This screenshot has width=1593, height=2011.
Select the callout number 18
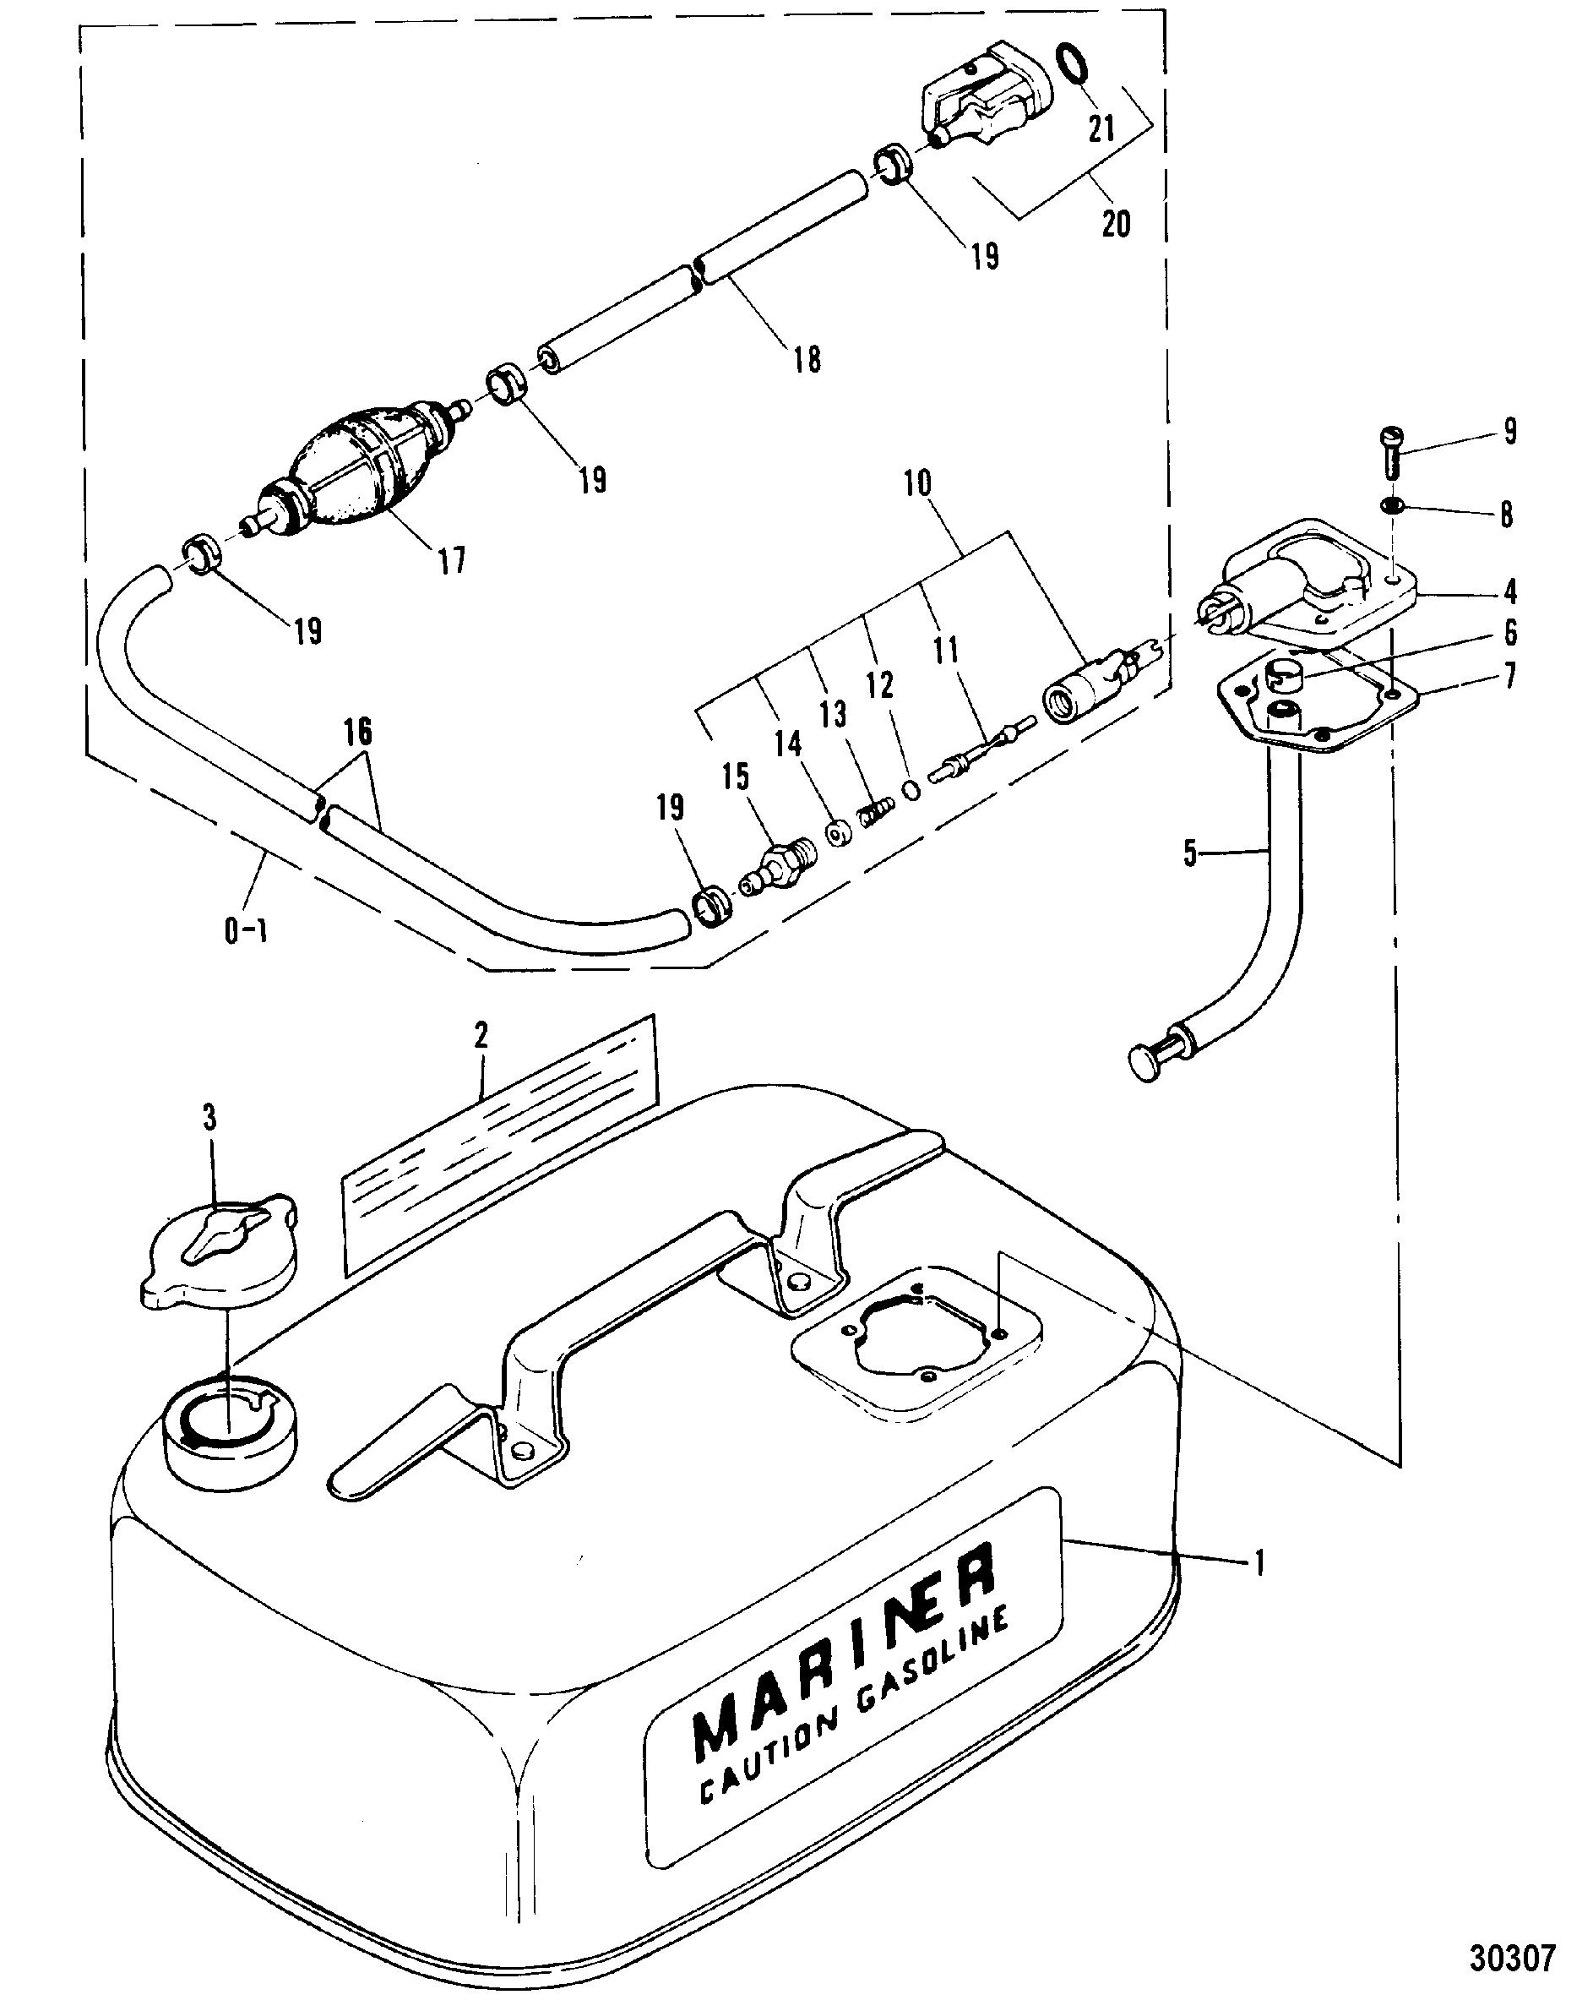(807, 359)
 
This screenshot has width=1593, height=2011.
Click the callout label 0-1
(247, 930)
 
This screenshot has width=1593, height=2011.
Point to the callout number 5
(1190, 853)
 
